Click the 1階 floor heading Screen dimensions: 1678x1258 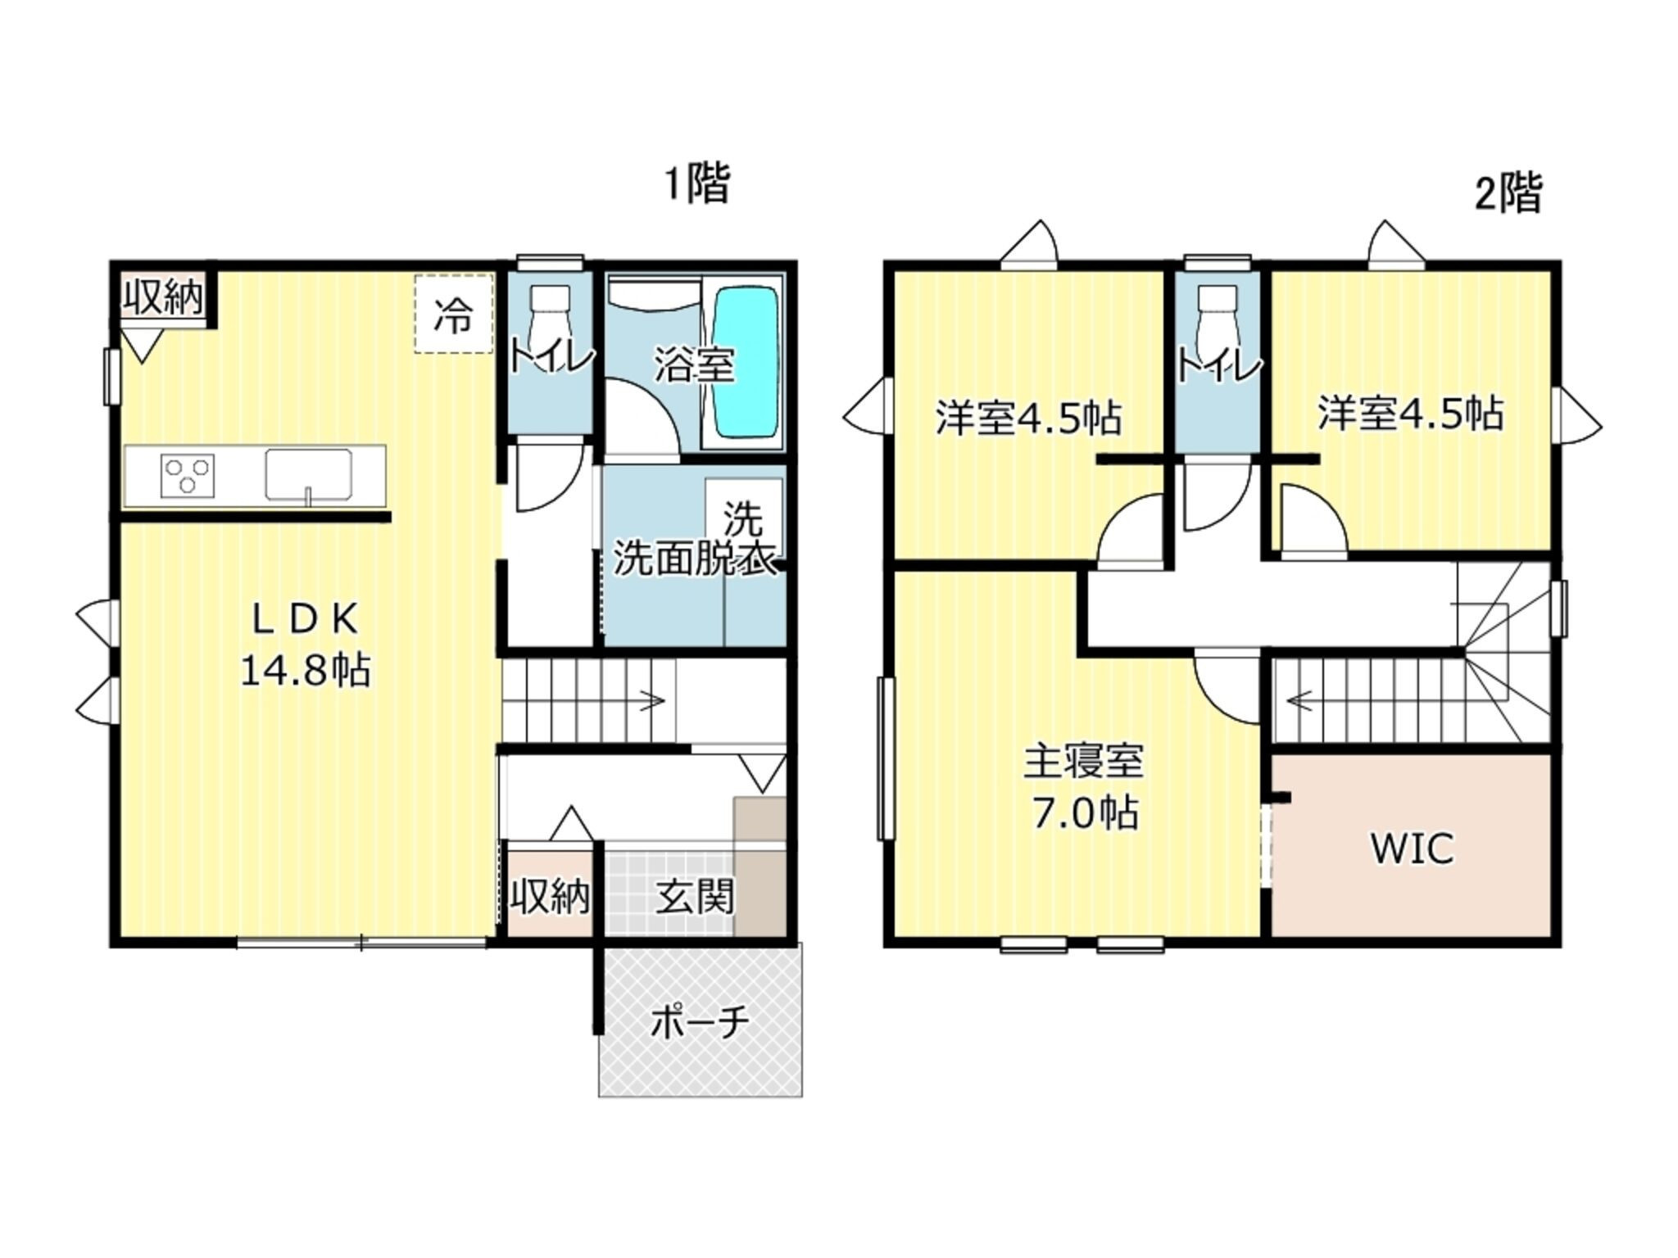[x=696, y=183]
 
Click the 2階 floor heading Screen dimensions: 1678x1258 [x=1508, y=194]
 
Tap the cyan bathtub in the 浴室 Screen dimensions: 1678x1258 [x=746, y=363]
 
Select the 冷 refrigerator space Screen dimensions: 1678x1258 [x=453, y=314]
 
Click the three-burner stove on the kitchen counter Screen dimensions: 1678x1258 [x=189, y=476]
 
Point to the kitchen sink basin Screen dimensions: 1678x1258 [x=308, y=474]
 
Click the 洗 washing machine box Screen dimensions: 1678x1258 [x=743, y=518]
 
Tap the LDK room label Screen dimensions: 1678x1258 [x=305, y=621]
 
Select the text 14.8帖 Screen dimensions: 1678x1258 [x=305, y=671]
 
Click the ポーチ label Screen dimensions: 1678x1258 [x=700, y=1022]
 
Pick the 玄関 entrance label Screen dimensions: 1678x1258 [x=694, y=897]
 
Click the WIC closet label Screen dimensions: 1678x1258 [x=1413, y=848]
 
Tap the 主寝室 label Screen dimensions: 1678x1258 [x=1084, y=762]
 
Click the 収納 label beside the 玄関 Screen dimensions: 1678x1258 [x=550, y=898]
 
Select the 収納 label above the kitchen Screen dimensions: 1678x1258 [x=163, y=296]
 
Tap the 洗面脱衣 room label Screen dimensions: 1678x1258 [x=695, y=560]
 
